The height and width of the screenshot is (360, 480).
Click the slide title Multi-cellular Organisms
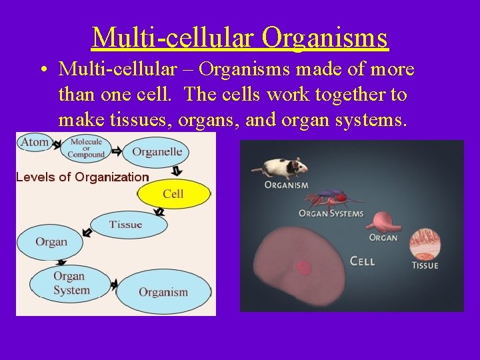[x=240, y=37]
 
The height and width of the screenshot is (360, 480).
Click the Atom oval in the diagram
[x=34, y=141]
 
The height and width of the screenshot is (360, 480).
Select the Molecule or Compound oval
[x=87, y=148]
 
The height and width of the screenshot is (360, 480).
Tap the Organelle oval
[x=157, y=152]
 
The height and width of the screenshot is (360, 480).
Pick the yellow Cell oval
[x=173, y=194]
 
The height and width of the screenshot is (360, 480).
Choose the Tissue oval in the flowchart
[x=126, y=225]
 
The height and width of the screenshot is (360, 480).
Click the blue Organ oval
[x=51, y=241]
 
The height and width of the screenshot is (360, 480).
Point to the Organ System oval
[x=70, y=283]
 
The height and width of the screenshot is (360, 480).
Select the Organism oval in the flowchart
[x=163, y=292]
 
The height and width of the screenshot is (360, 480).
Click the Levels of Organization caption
[x=82, y=177]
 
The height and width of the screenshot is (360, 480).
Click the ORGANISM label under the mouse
[x=287, y=185]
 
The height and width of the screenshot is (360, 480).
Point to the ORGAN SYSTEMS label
[x=331, y=214]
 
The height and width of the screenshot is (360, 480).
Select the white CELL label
[x=362, y=261]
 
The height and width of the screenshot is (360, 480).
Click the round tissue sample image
[x=424, y=244]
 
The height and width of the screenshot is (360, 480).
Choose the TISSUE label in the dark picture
[x=425, y=265]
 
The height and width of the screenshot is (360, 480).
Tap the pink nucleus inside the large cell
[x=304, y=269]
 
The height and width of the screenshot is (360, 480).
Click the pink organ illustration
[x=382, y=222]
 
